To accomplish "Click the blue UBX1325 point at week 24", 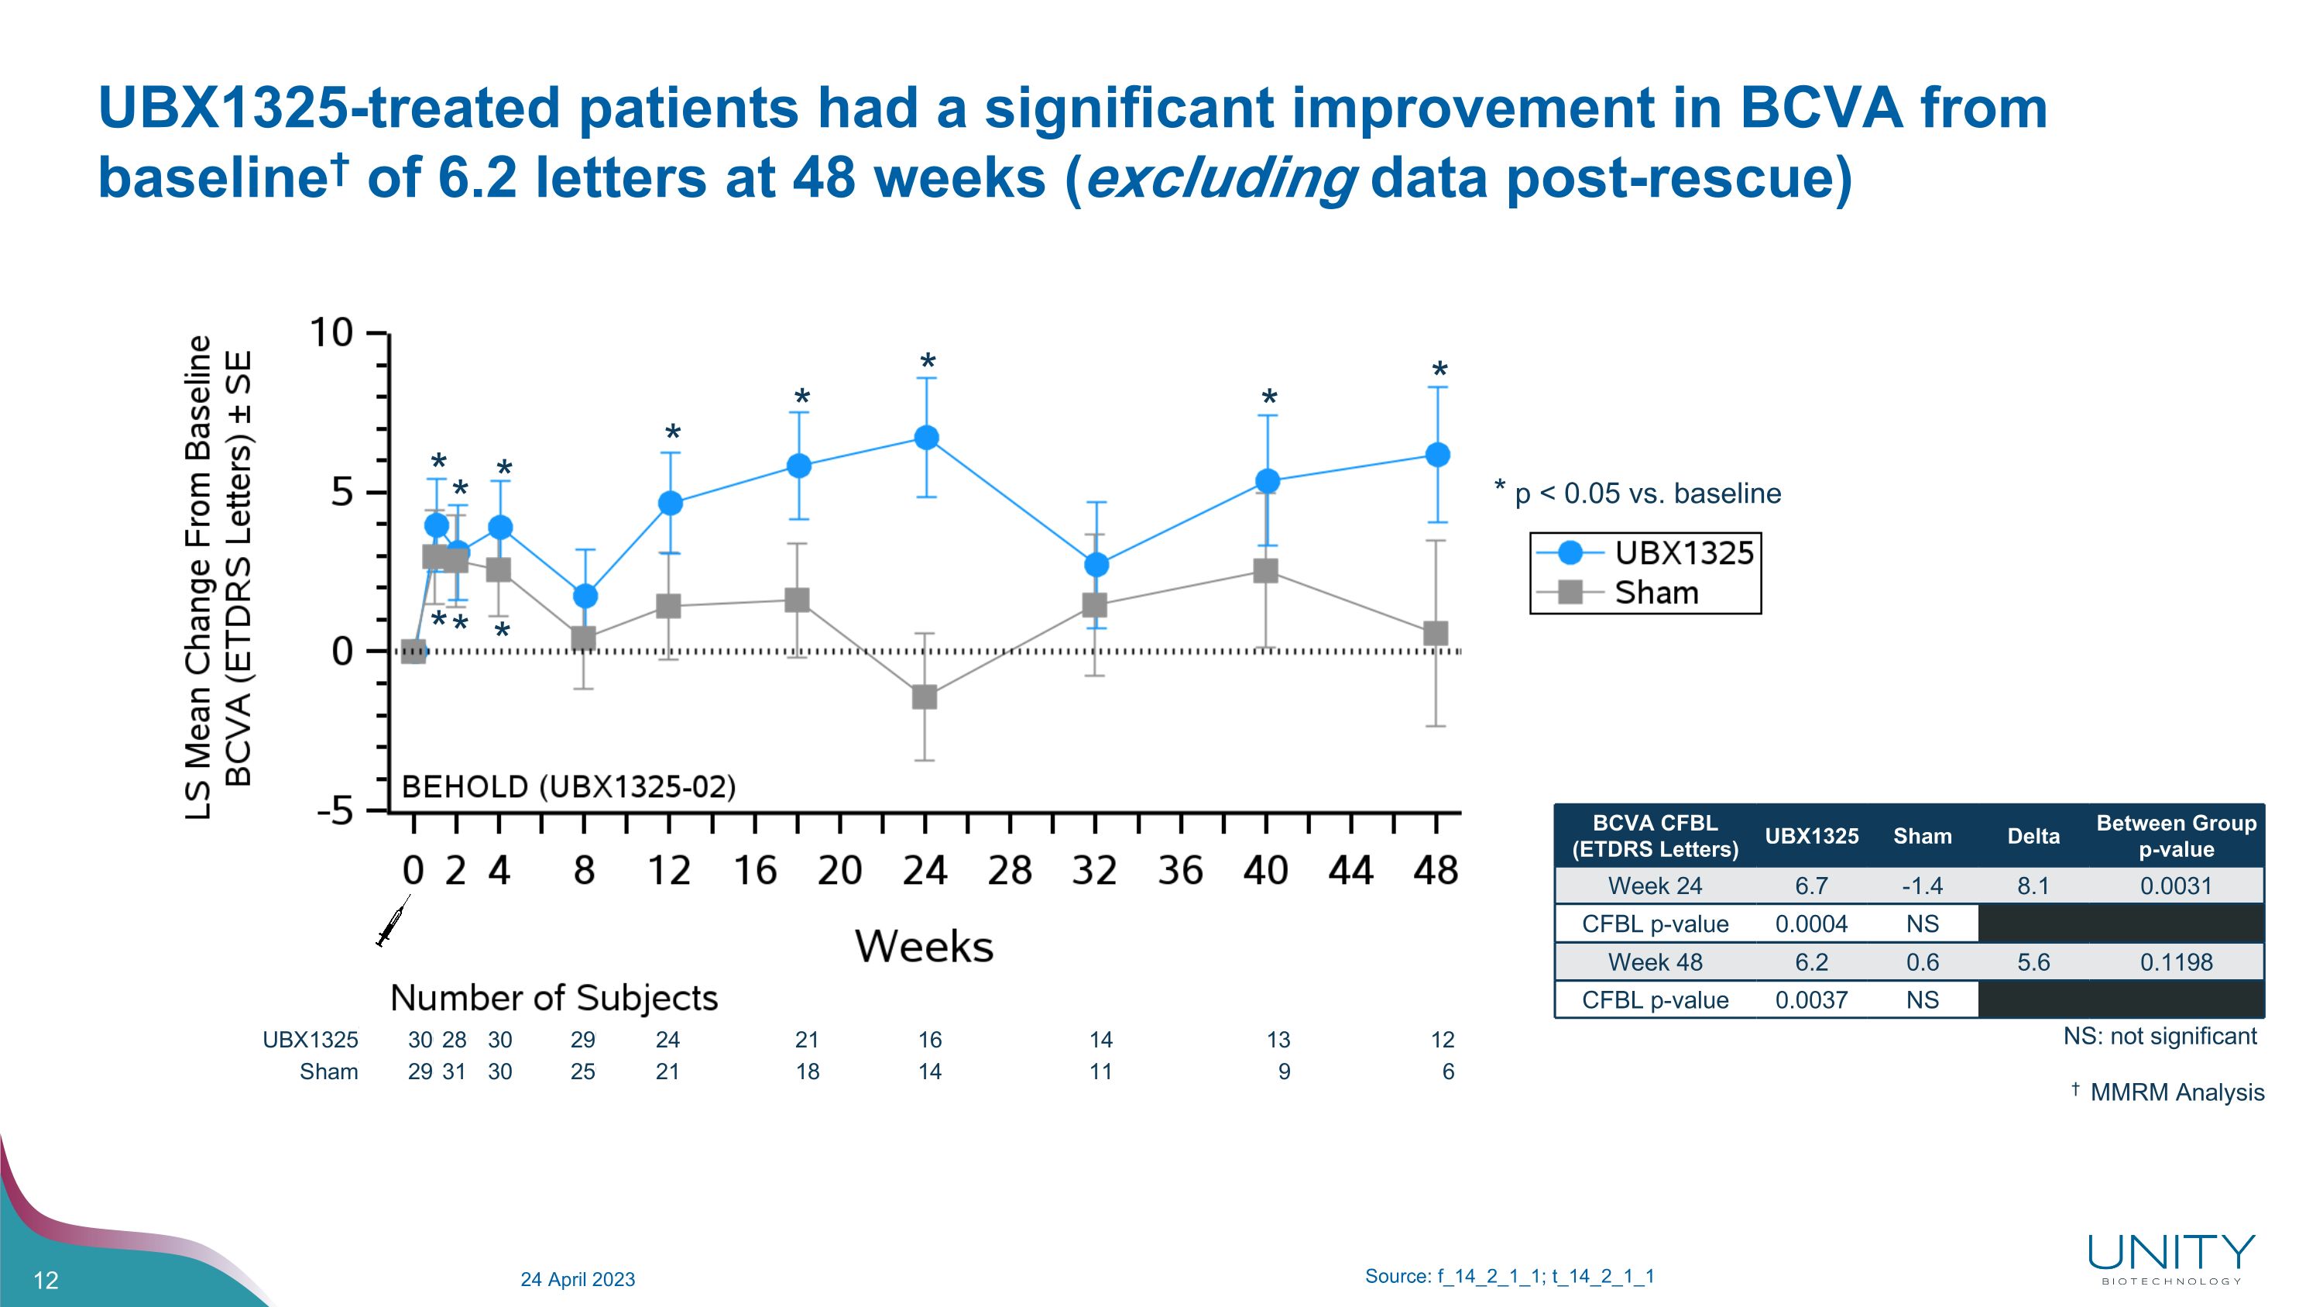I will coord(926,438).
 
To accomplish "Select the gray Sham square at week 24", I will coord(925,697).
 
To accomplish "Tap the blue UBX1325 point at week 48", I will coord(1437,455).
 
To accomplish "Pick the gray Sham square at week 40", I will coord(1265,571).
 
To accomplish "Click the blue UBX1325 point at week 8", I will coord(585,597).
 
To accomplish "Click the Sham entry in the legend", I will coord(1656,593).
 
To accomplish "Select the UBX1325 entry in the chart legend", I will coord(1683,553).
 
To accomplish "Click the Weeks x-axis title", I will coord(924,946).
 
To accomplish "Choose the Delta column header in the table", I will coord(2033,836).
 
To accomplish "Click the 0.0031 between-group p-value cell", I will coord(2175,886).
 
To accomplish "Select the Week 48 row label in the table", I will coord(1655,962).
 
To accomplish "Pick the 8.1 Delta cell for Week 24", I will coord(2033,886).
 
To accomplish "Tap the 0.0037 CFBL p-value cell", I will coord(1811,999).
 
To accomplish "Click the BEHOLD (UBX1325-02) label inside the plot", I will coord(568,786).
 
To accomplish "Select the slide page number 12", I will coord(46,1280).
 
